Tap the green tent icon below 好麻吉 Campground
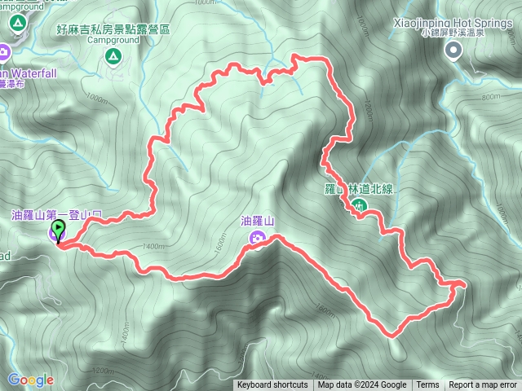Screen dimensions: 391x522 point(113,56)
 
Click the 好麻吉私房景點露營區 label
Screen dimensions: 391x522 point(113,28)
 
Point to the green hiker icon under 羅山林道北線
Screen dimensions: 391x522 point(360,206)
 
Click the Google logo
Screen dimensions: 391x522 point(30,380)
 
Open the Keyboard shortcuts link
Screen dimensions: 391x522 point(272,385)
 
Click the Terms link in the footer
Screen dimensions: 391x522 point(427,385)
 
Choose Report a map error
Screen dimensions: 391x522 point(483,385)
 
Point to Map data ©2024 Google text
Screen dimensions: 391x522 point(362,385)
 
